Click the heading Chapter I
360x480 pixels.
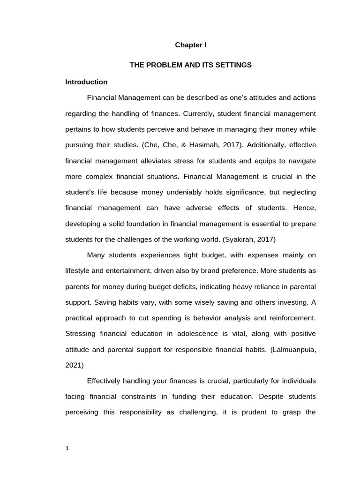point(191,45)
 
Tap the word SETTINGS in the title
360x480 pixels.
point(233,65)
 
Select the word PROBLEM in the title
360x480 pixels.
point(162,65)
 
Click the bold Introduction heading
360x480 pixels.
point(86,82)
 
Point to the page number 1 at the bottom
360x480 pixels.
point(67,448)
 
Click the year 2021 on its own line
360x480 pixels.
point(74,365)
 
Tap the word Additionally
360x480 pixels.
point(264,145)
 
